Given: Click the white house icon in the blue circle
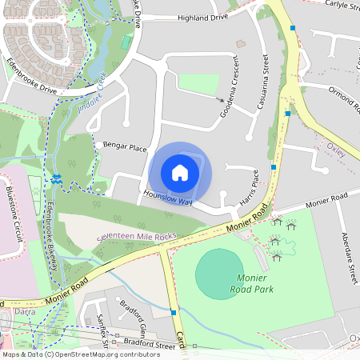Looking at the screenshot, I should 180,172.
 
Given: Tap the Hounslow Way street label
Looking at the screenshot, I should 168,198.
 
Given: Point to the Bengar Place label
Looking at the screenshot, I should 126,147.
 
